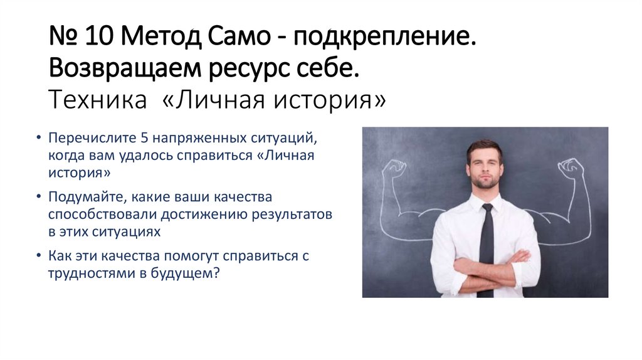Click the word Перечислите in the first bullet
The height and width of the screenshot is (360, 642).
[x=87, y=138]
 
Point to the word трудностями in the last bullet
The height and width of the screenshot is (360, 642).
[x=85, y=273]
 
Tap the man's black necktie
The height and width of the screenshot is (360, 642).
[x=486, y=245]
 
